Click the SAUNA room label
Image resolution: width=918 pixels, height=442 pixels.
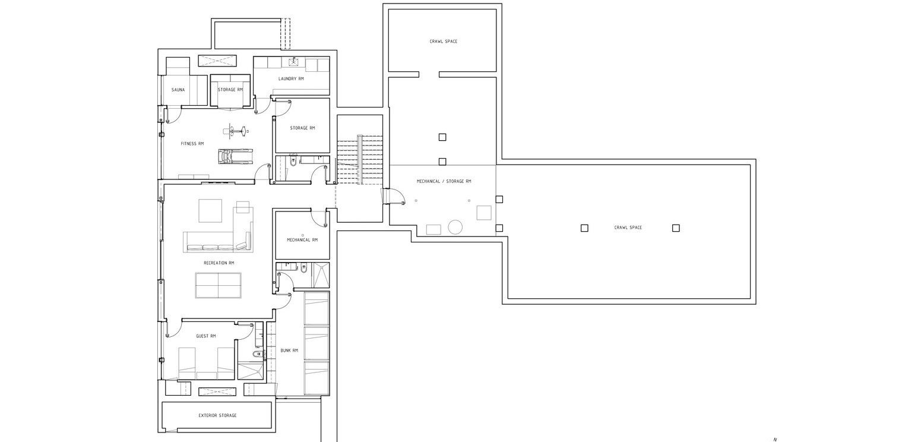pyautogui.click(x=178, y=90)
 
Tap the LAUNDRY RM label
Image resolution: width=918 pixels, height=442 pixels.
pyautogui.click(x=291, y=79)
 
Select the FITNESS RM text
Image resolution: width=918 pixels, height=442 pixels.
pyautogui.click(x=192, y=144)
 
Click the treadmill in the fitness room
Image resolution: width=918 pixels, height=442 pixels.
pyautogui.click(x=233, y=157)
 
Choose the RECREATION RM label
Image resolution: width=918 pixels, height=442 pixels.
pyautogui.click(x=219, y=263)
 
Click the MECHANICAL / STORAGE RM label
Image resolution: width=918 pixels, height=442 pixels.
pyautogui.click(x=444, y=181)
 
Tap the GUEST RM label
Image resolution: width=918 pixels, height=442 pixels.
pyautogui.click(x=205, y=336)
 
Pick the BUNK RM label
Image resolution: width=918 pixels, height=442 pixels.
pyautogui.click(x=289, y=351)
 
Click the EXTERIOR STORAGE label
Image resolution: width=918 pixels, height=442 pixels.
pyautogui.click(x=217, y=415)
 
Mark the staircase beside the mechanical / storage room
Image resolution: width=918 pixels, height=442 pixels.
pyautogui.click(x=359, y=159)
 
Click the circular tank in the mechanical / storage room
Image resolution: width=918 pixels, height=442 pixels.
pyautogui.click(x=455, y=227)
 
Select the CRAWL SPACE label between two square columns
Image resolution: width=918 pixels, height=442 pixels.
pyautogui.click(x=628, y=228)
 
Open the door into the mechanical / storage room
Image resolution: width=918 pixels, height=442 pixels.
pyautogui.click(x=394, y=195)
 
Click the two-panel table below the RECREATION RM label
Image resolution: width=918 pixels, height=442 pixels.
pyautogui.click(x=218, y=285)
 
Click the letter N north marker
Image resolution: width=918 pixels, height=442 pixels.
pyautogui.click(x=775, y=440)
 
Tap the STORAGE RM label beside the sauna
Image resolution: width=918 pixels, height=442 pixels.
pyautogui.click(x=230, y=90)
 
